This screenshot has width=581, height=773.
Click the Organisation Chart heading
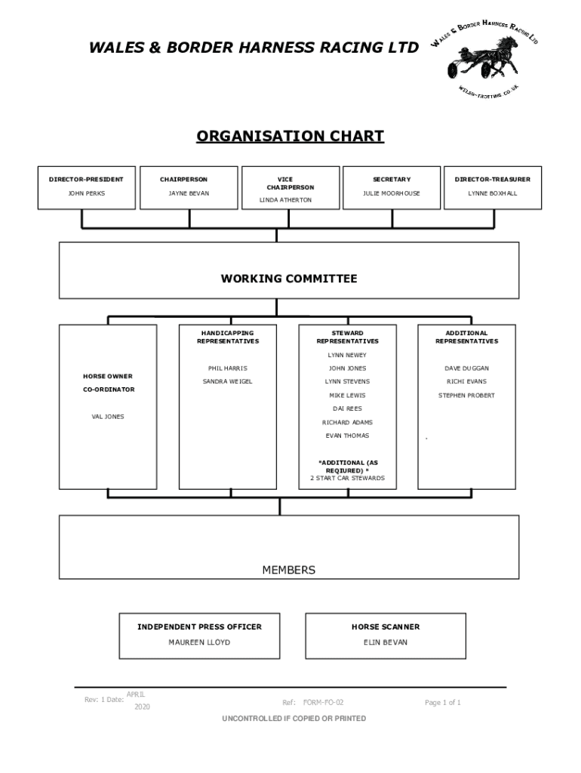(290, 137)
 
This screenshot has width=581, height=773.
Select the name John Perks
(88, 193)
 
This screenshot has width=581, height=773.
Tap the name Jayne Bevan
(189, 193)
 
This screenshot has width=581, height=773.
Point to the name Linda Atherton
(285, 200)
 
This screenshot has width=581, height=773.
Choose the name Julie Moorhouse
(392, 193)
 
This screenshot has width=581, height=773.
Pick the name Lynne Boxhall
(493, 193)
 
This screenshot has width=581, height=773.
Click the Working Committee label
(289, 279)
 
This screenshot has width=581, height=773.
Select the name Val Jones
(108, 416)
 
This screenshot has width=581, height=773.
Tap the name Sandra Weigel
(227, 381)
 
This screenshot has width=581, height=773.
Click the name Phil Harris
(227, 368)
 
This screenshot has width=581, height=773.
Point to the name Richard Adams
(347, 422)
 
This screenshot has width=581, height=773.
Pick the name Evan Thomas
(347, 436)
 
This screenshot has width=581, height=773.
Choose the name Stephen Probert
(466, 395)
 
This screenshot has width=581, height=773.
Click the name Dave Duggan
(466, 368)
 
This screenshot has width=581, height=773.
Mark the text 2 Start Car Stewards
(347, 478)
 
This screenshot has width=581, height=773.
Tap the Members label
(289, 570)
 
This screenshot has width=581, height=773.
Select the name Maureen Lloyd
(199, 642)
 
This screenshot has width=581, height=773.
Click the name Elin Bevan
(386, 642)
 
